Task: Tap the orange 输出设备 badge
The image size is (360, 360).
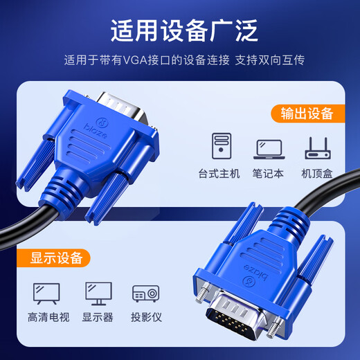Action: (x=307, y=113)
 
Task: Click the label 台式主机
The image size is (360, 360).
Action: (x=219, y=173)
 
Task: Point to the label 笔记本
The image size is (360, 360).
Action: (x=269, y=173)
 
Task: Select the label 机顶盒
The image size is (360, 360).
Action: (x=318, y=173)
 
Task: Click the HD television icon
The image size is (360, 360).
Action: (x=46, y=292)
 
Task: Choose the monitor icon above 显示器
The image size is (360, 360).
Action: (x=98, y=292)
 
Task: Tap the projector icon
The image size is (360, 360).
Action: (x=146, y=293)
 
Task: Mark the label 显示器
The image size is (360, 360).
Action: (x=98, y=318)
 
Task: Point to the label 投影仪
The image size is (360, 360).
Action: (x=146, y=318)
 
